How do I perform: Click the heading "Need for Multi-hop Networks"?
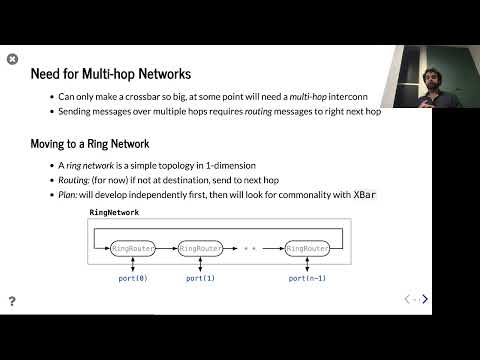[x=111, y=74]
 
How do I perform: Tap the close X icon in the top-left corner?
[x=12, y=59]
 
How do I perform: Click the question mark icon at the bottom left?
[x=12, y=300]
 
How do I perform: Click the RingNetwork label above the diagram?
[x=114, y=213]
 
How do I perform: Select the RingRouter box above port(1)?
[x=201, y=247]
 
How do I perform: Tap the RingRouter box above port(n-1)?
[x=307, y=247]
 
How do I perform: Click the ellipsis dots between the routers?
[x=250, y=247]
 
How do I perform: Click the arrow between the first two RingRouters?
[x=166, y=247]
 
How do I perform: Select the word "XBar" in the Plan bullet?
[x=365, y=194]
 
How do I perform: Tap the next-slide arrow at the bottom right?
[x=425, y=299]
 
